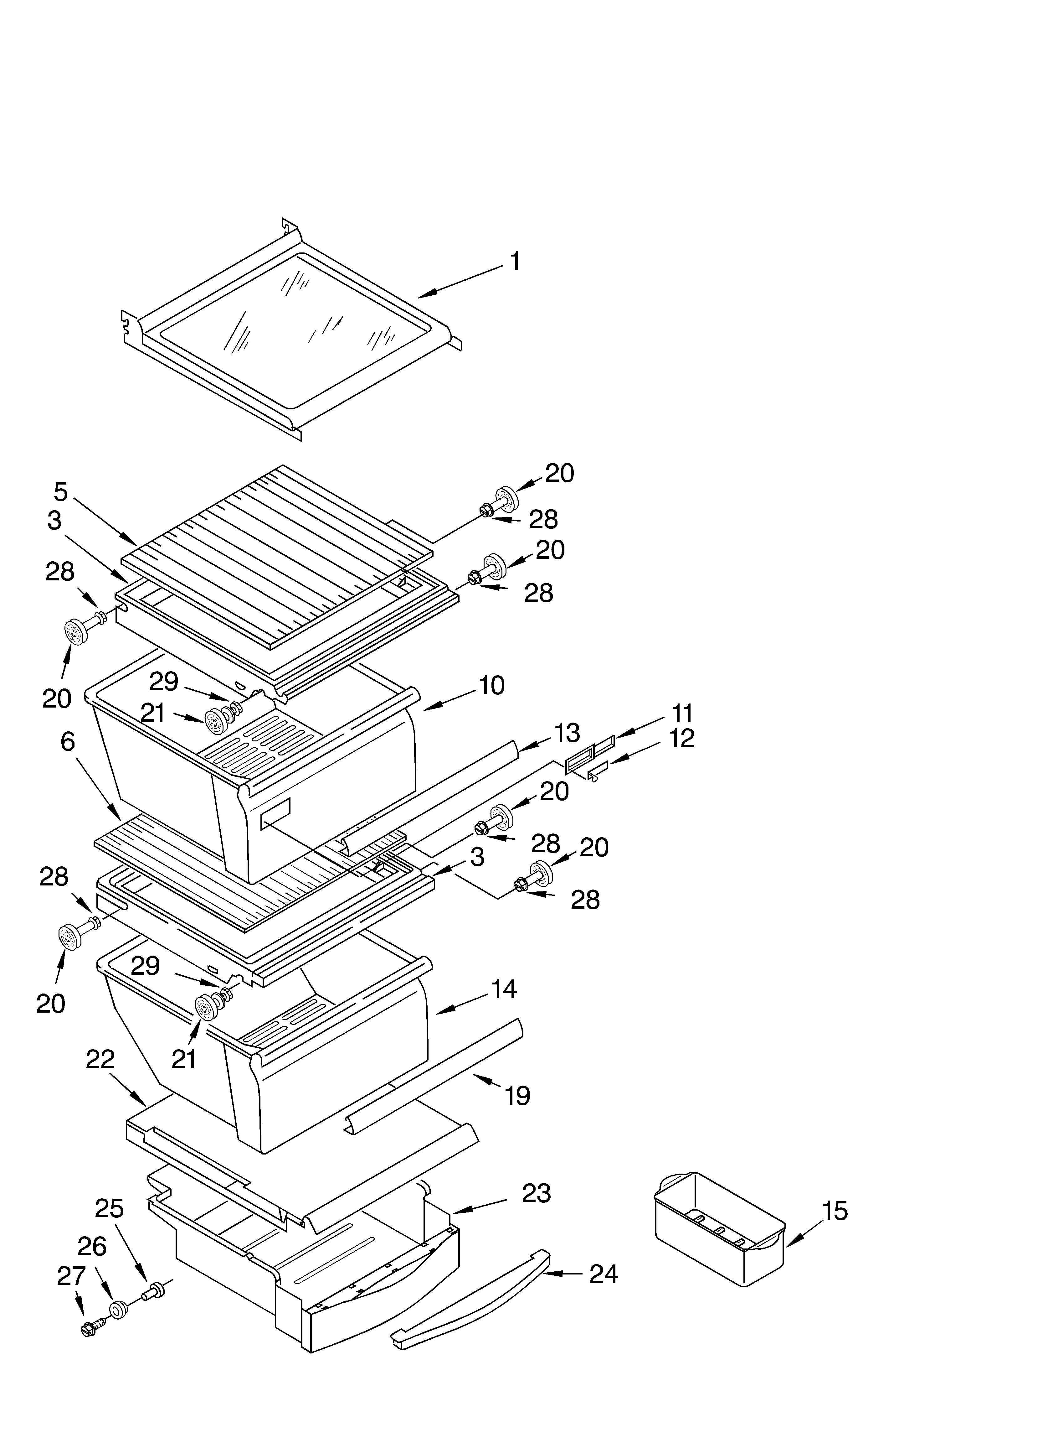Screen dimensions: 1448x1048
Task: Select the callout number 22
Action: click(100, 1060)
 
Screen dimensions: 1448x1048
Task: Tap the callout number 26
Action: click(92, 1246)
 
